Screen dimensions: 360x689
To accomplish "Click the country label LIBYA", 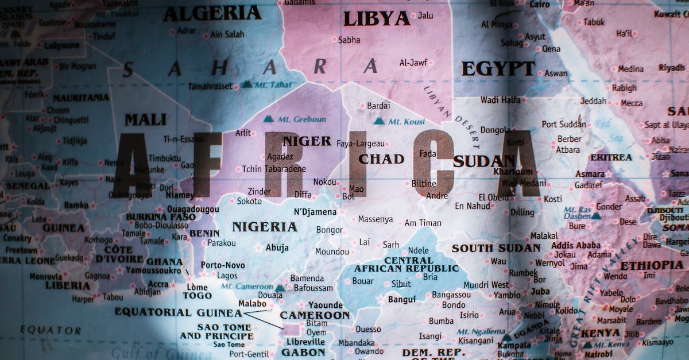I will point(376,19).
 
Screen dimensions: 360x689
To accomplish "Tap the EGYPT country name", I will point(498,69).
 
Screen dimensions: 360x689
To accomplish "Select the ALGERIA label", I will point(212,13).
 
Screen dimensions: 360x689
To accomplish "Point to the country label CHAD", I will point(381,159).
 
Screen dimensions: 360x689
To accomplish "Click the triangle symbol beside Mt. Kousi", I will point(379,121).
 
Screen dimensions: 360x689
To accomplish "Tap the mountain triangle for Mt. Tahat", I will point(246,84).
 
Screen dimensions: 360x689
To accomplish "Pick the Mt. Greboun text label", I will point(301,119).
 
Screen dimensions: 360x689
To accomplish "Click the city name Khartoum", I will point(513,172).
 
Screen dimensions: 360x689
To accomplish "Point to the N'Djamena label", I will point(315,212).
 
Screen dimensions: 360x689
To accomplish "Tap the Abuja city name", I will point(277,248).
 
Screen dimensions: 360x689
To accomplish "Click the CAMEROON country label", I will point(315,315).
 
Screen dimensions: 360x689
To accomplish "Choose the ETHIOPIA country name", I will point(652,265).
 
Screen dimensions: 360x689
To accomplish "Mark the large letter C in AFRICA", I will point(433,164).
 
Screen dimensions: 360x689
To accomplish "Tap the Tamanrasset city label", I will point(210,86).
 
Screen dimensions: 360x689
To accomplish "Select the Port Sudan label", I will point(564,124).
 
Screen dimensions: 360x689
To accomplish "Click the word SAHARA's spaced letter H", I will point(219,68).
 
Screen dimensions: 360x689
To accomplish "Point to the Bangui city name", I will point(402,299).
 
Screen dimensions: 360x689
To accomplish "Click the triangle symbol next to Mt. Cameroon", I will point(280,288).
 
